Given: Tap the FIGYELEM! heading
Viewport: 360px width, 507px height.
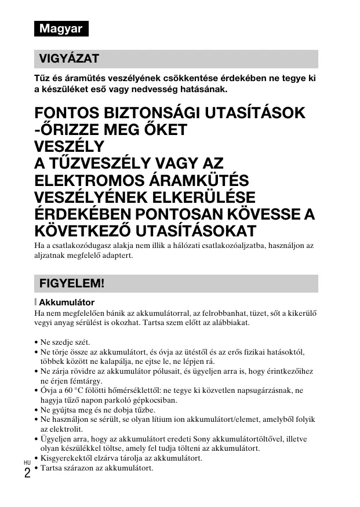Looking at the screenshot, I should point(71,283).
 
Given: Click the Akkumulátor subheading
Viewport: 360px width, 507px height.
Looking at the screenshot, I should point(66,302).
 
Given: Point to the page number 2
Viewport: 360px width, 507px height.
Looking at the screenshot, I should point(27,473).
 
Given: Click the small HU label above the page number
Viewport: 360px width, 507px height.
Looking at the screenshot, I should point(27,462).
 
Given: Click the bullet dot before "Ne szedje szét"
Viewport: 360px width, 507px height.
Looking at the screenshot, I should point(37,342).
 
